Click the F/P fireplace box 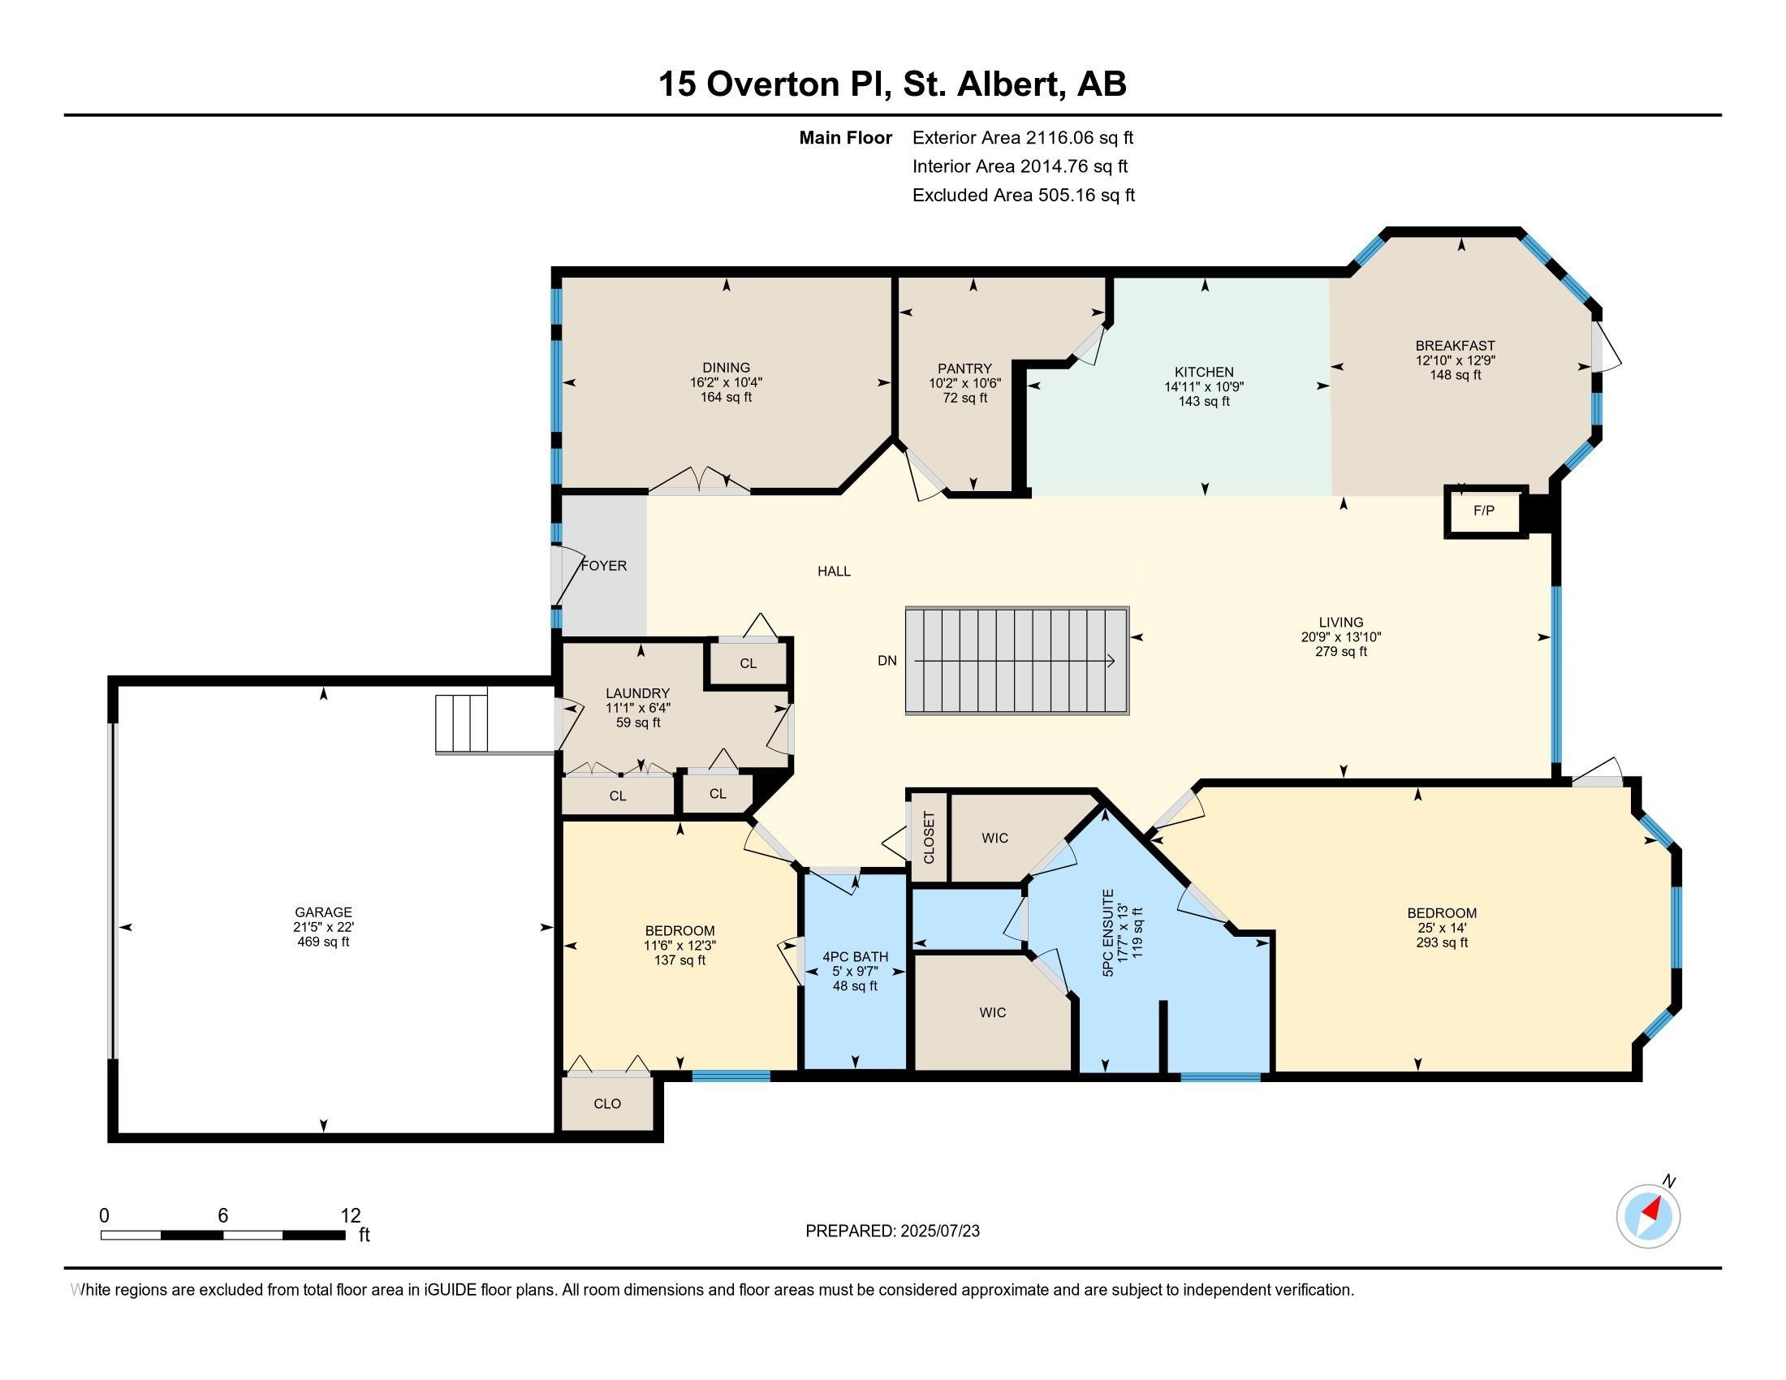(1485, 511)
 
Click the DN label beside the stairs (887, 661)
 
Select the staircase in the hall (1017, 661)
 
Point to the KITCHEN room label (1204, 372)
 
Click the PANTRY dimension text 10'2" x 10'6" (965, 383)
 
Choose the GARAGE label (324, 912)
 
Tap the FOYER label (604, 566)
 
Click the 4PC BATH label (856, 956)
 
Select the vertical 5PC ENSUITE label (1109, 934)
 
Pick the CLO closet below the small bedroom (607, 1104)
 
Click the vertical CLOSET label (929, 837)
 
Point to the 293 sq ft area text (1442, 942)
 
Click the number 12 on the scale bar (351, 1215)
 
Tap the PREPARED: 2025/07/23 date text (892, 1231)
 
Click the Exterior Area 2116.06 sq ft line (1023, 138)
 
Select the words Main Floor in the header (846, 138)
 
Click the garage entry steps (461, 722)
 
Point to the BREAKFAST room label (1456, 346)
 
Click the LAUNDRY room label (638, 693)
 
